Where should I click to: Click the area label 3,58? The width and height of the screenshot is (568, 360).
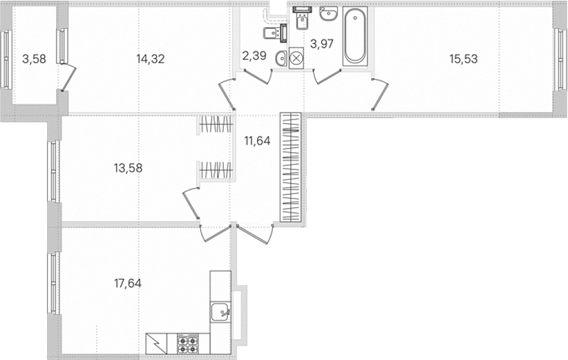point(34,59)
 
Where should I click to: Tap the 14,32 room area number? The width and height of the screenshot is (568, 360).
point(151,59)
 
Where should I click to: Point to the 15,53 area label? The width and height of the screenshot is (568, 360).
point(464,59)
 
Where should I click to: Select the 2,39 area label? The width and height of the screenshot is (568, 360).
point(254,56)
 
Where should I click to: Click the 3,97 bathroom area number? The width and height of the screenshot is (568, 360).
point(322,44)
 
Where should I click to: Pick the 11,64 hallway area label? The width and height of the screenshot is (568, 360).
point(257,140)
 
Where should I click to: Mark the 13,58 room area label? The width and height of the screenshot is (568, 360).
point(129,168)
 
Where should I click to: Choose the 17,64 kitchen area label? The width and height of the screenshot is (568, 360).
point(128,283)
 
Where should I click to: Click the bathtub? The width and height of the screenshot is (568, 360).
point(355,36)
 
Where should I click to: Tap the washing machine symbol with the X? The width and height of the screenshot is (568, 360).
point(296,58)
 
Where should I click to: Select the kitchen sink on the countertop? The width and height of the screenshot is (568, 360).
point(220,312)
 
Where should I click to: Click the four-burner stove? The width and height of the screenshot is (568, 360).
point(188,343)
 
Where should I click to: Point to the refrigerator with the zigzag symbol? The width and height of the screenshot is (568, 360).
point(156,343)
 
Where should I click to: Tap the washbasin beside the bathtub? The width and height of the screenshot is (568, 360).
point(328,14)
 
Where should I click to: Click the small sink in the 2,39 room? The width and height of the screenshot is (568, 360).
point(281,59)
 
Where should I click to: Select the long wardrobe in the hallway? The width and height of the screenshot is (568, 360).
point(290,167)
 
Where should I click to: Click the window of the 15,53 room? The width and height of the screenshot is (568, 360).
point(560,59)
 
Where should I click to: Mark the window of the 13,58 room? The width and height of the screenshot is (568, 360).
point(54,171)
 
